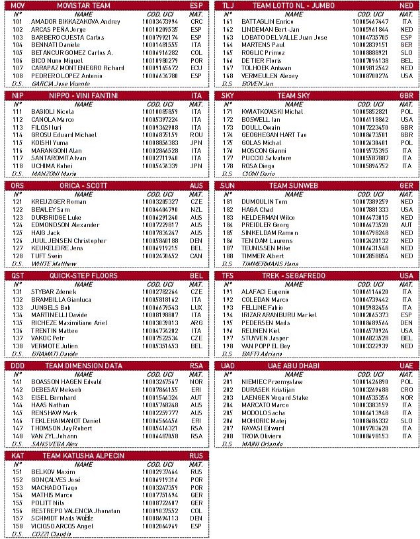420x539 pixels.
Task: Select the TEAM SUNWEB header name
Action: tap(294, 185)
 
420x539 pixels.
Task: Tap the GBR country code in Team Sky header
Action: tap(407, 95)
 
